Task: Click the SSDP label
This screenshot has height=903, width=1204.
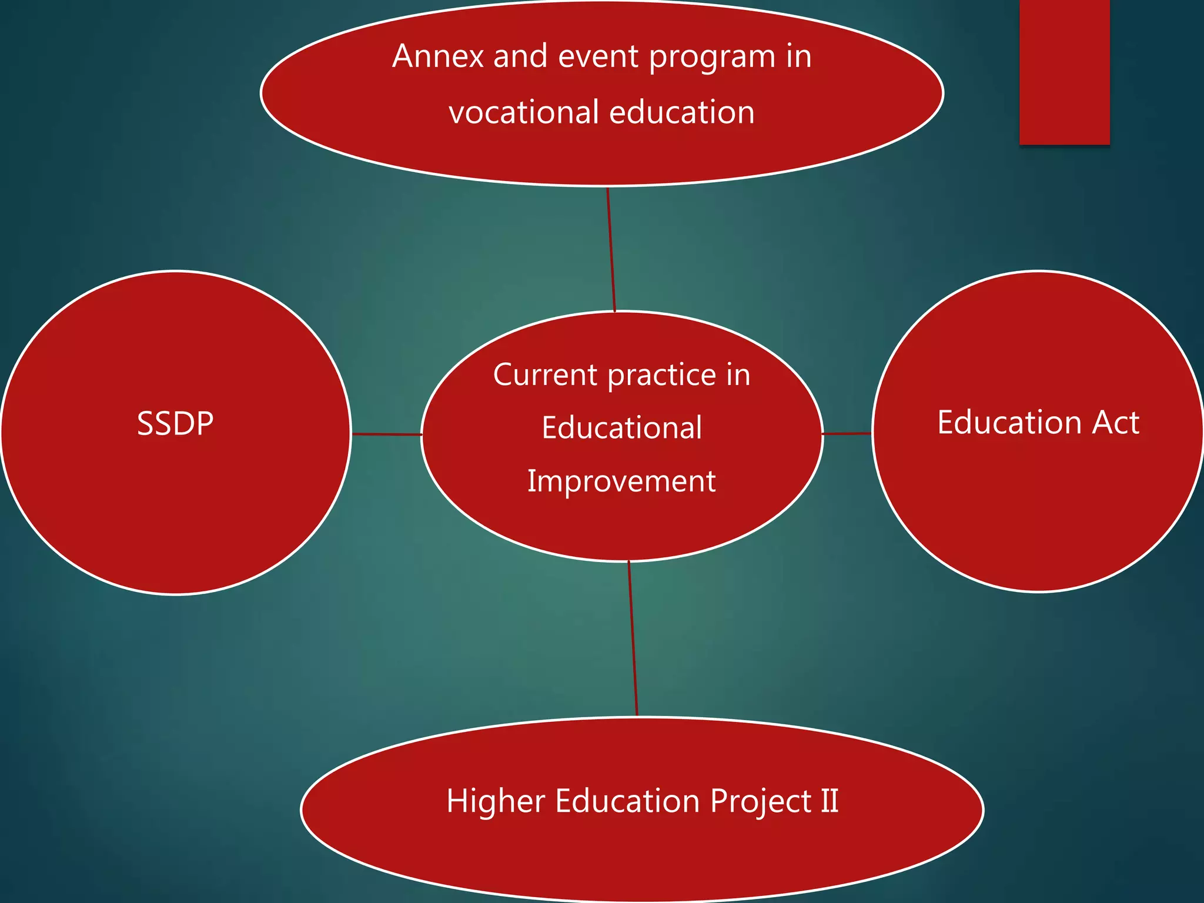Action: tap(175, 423)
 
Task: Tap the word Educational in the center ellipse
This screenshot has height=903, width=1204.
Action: tap(622, 427)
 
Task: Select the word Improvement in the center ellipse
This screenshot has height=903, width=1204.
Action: tap(621, 482)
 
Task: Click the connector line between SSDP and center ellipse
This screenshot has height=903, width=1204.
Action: tap(386, 434)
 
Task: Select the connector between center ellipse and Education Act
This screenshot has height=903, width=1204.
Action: tap(847, 434)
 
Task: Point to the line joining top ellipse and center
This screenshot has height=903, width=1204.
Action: tap(611, 249)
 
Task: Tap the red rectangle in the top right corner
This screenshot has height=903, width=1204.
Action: tap(1064, 72)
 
